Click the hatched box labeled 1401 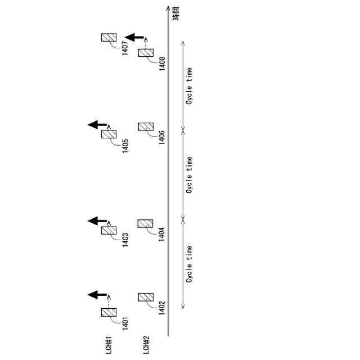pyautogui.click(x=109, y=312)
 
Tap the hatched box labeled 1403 pyautogui.click(x=109, y=231)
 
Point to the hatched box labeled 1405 pyautogui.click(x=109, y=134)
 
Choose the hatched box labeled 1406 pyautogui.click(x=146, y=127)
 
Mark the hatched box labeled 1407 pyautogui.click(x=109, y=38)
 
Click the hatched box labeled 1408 pyautogui.click(x=146, y=52)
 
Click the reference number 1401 pyautogui.click(x=125, y=325)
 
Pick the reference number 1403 pyautogui.click(x=125, y=240)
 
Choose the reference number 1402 pyautogui.click(x=162, y=309)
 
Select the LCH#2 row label pyautogui.click(x=146, y=344)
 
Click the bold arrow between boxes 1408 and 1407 pyautogui.click(x=134, y=37)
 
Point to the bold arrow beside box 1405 pyautogui.click(x=97, y=124)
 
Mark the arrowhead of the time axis pyautogui.click(x=169, y=8)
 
